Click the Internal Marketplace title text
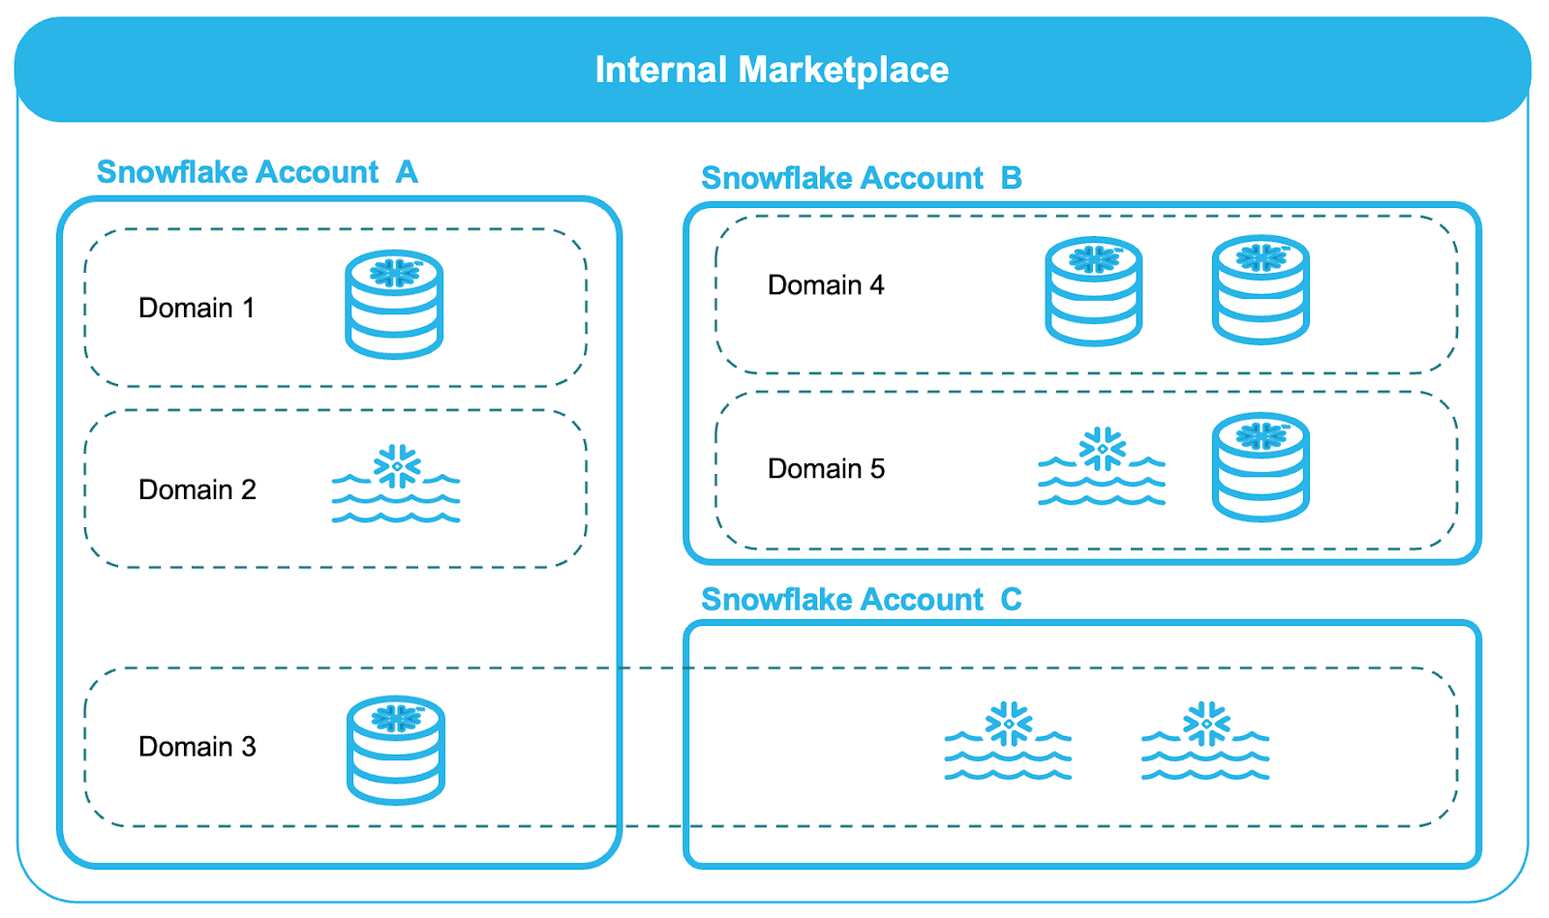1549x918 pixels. coord(772,70)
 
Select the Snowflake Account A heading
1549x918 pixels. coord(257,172)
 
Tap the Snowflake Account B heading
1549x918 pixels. coord(861,178)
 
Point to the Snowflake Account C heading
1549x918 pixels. coord(861,600)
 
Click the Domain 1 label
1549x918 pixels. coord(197,308)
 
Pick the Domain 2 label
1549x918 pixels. coord(197,489)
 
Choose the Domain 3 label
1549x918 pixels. coord(197,747)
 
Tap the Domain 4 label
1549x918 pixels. coord(826,285)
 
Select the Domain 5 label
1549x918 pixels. coord(826,469)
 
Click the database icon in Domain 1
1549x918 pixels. coord(394,304)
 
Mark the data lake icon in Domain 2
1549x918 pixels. coord(396,485)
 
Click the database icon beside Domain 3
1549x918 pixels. coord(395,750)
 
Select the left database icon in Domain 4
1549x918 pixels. coord(1094,290)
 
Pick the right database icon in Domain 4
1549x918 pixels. coord(1260,289)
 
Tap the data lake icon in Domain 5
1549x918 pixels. coord(1102,467)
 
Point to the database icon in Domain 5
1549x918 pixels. coord(1260,467)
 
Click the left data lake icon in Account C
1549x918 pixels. coord(1008,742)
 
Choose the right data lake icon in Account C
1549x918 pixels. coord(1205,742)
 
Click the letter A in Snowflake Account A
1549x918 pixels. coord(407,172)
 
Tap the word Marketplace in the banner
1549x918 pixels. coord(843,70)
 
